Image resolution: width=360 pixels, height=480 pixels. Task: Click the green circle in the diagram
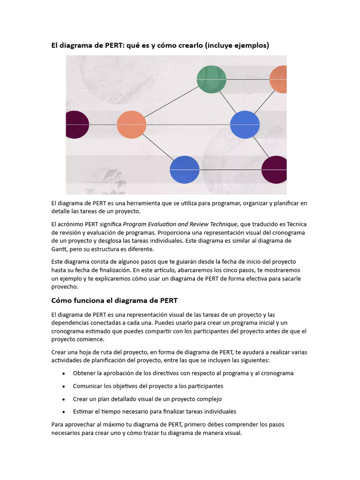tap(211, 79)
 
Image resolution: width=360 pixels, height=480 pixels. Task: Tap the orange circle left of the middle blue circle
tap(131, 125)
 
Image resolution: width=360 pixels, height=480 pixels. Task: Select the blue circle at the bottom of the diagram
tap(184, 170)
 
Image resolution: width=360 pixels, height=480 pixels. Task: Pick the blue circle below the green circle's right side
tap(245, 125)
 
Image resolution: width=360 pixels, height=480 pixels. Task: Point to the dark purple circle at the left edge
tap(76, 125)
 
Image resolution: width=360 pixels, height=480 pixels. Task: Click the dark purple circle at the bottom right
tap(275, 170)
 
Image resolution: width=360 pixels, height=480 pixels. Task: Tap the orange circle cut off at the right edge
tap(278, 79)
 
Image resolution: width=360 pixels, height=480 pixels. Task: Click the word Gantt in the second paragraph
tap(60, 248)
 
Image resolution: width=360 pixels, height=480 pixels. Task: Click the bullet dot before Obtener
tap(64, 374)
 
